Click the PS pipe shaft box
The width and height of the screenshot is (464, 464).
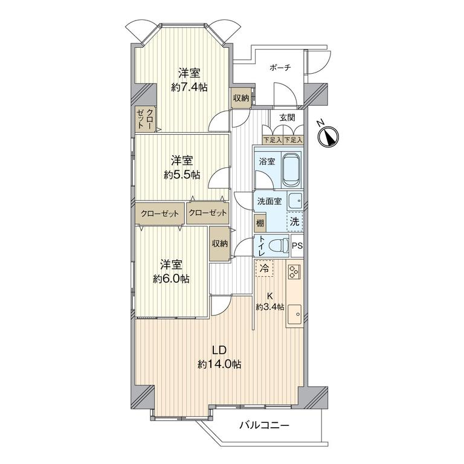tap(297, 246)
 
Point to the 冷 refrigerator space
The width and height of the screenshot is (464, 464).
tap(264, 268)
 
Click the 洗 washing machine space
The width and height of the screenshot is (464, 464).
tap(295, 221)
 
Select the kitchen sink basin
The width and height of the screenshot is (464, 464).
tap(294, 315)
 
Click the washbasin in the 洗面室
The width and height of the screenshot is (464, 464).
tap(295, 201)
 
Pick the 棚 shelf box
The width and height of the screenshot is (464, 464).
tap(260, 223)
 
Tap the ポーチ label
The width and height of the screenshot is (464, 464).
tap(280, 68)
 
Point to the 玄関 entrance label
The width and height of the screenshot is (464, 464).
tap(288, 117)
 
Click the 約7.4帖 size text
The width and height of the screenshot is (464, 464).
tap(189, 87)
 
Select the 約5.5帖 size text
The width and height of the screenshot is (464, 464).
tap(182, 175)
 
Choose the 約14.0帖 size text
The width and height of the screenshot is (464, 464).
tap(219, 364)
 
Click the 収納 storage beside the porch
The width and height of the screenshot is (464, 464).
tap(241, 98)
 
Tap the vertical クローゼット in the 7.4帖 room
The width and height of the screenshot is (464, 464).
tap(146, 118)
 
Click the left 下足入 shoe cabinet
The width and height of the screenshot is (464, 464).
tap(272, 140)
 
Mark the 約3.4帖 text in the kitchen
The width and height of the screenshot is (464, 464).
tap(270, 307)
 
